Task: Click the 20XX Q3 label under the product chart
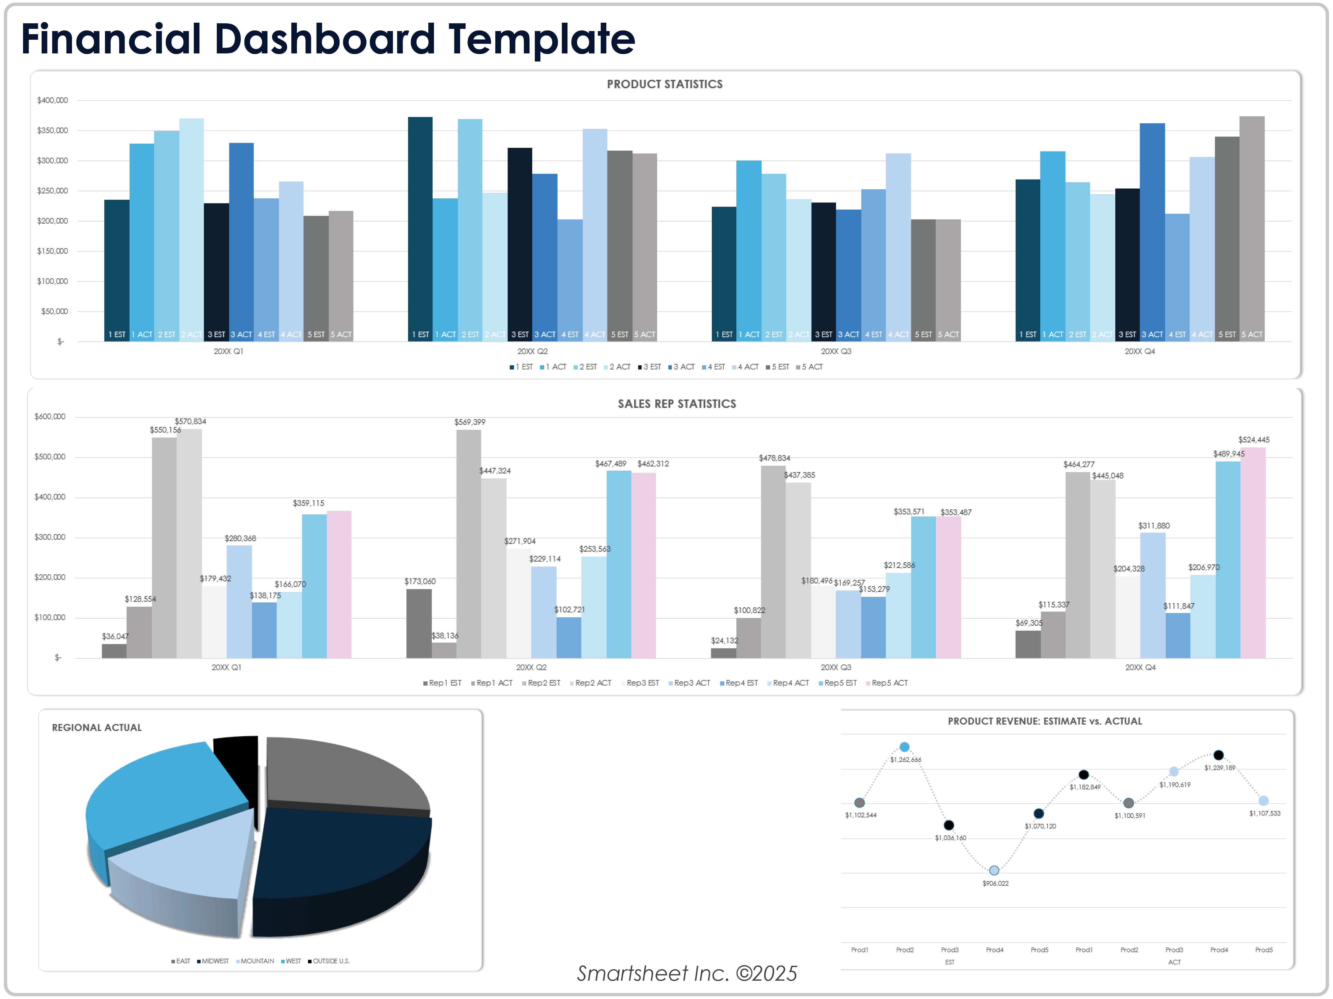(836, 351)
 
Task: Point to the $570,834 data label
(190, 421)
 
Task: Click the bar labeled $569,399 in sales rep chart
(469, 542)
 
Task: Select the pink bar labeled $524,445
(1253, 551)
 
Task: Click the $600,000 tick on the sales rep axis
(50, 416)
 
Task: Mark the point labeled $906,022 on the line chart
(994, 870)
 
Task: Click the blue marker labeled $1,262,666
(904, 747)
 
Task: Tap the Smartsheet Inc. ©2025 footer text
(687, 973)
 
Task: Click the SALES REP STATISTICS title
(677, 404)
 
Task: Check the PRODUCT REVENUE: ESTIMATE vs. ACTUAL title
(1044, 721)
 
